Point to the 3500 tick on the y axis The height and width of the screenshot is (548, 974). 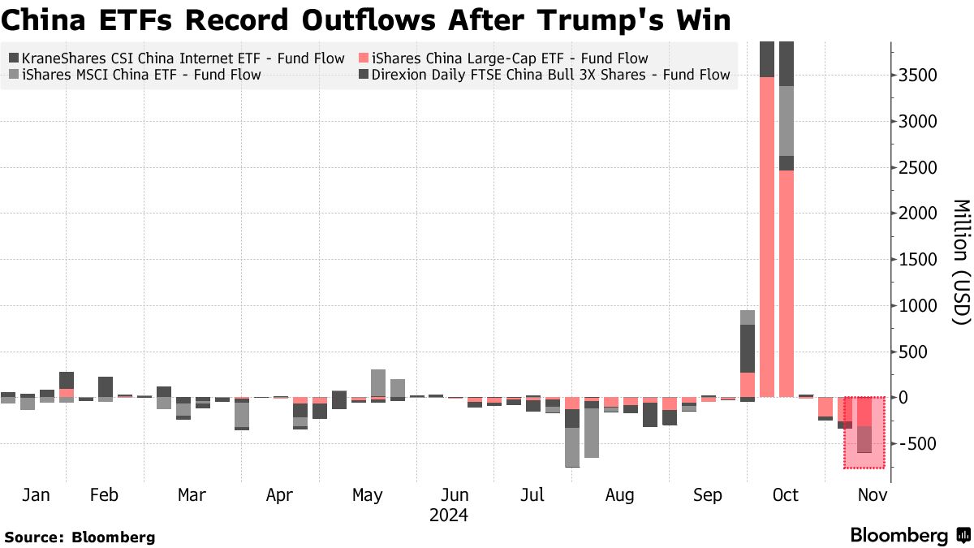[920, 76]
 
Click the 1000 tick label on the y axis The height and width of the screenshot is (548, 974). [920, 306]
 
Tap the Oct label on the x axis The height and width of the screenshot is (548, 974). [786, 495]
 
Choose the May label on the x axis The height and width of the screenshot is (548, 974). [368, 495]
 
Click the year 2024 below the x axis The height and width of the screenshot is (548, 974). [449, 515]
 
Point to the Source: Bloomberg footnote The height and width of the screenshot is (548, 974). [80, 537]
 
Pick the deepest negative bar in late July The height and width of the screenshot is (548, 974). [572, 447]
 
